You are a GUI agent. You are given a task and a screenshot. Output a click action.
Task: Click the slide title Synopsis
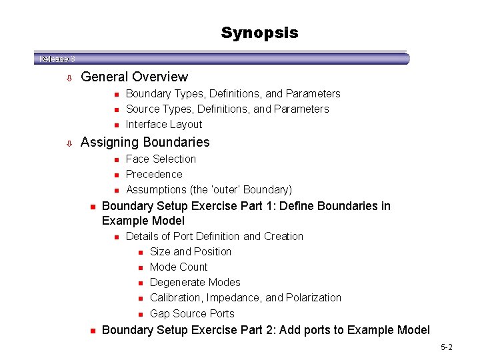click(x=259, y=33)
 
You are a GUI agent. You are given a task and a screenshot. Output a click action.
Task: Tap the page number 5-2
click(x=446, y=347)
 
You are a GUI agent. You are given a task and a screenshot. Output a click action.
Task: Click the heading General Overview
click(x=134, y=77)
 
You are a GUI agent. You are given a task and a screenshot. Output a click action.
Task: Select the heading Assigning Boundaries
click(x=145, y=142)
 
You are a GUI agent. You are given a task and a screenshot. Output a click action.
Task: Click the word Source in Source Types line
click(x=142, y=109)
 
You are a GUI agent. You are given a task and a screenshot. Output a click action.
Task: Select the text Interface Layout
click(x=163, y=124)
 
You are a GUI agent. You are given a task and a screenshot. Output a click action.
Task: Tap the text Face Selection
click(x=161, y=159)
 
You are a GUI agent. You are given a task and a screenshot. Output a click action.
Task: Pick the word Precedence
click(x=154, y=174)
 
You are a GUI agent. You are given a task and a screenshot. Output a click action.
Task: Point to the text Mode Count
click(x=179, y=267)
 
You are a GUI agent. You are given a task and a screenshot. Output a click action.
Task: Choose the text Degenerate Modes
click(x=195, y=282)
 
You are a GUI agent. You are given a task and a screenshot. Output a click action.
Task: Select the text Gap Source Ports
click(x=192, y=313)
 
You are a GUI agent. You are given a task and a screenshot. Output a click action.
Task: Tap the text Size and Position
click(x=191, y=251)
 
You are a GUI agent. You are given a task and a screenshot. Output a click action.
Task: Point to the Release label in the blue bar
click(x=53, y=59)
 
